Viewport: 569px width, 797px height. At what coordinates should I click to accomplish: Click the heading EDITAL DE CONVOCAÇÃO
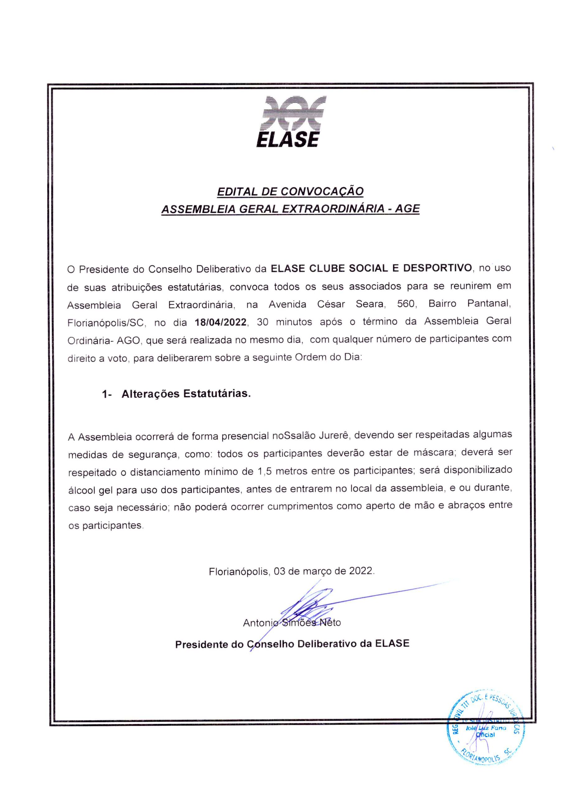(290, 191)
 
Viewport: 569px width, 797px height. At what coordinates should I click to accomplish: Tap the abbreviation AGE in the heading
(407, 209)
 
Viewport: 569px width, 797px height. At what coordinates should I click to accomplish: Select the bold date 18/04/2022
(221, 322)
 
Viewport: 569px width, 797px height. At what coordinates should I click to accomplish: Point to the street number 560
(406, 304)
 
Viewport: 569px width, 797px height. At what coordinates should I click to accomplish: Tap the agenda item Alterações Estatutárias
(186, 394)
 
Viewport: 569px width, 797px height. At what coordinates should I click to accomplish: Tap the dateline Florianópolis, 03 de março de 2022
(291, 571)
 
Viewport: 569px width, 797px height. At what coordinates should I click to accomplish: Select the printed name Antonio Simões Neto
(291, 623)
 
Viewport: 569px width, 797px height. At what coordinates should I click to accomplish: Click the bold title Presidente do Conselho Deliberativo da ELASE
(292, 644)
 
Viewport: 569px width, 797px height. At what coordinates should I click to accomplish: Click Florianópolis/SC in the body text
(106, 322)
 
